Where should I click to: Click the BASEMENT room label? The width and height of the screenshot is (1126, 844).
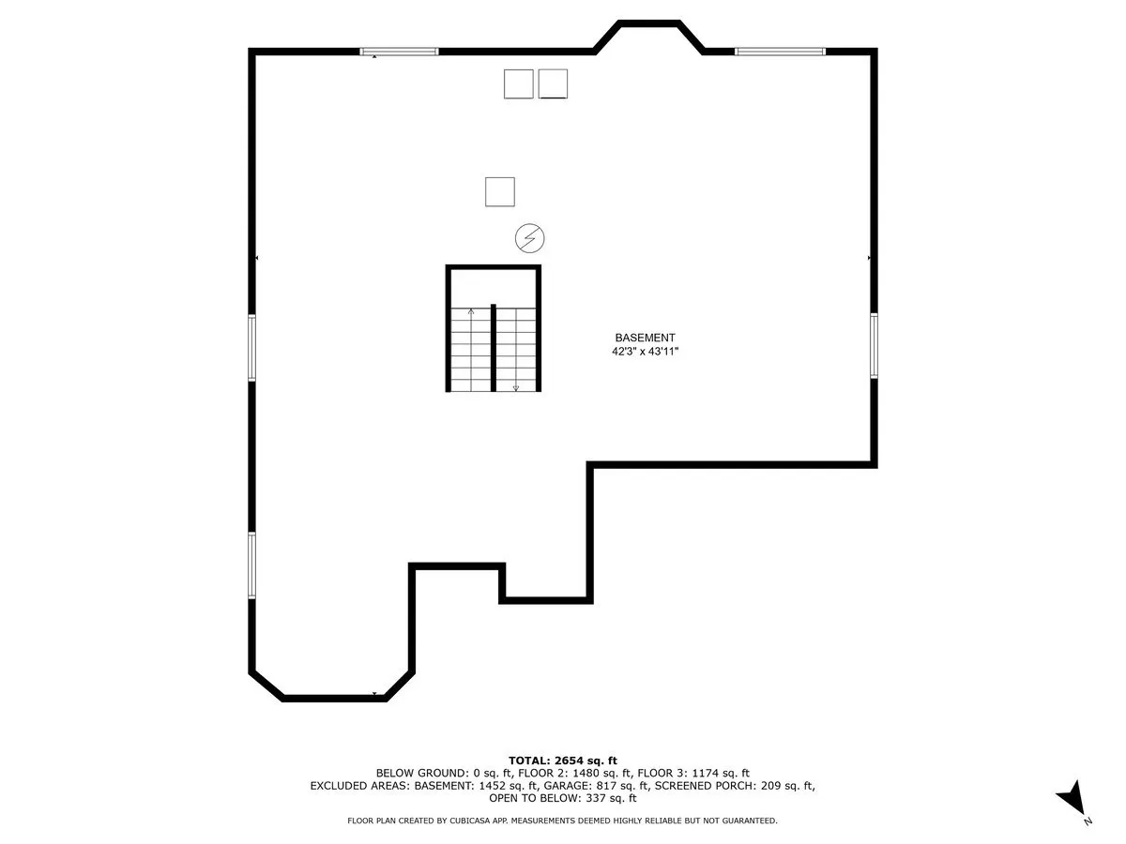[645, 338]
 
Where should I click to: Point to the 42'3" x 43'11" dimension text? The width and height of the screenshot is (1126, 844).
[645, 352]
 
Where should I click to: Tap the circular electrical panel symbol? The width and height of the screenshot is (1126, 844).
[529, 238]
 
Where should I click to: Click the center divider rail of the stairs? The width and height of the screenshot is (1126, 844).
[494, 348]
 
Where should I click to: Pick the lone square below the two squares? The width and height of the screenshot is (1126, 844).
[499, 192]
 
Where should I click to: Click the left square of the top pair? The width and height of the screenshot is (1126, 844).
[518, 84]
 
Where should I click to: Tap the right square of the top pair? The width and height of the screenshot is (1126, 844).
[553, 84]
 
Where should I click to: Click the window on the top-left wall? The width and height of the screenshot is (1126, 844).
[399, 52]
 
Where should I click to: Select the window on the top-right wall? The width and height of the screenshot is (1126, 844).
[780, 52]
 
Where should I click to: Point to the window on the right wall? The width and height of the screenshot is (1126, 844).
[874, 346]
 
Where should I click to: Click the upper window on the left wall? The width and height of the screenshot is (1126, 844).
[251, 348]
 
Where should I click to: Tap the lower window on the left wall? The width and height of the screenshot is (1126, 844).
[251, 565]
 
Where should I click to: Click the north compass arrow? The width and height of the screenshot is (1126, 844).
[1073, 797]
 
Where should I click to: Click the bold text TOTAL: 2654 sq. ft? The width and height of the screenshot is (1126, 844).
[563, 761]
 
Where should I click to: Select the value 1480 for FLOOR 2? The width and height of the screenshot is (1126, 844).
[585, 774]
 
